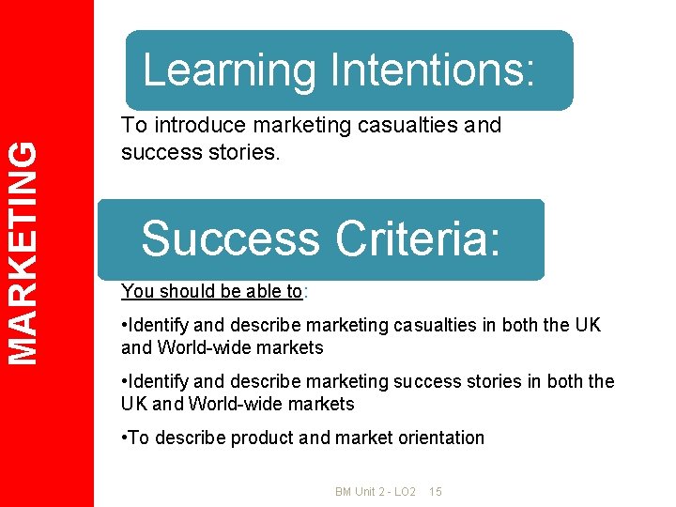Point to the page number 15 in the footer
(435, 492)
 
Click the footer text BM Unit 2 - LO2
(376, 492)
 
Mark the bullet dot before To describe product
(124, 438)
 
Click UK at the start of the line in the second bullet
(133, 404)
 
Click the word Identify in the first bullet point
(159, 325)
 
